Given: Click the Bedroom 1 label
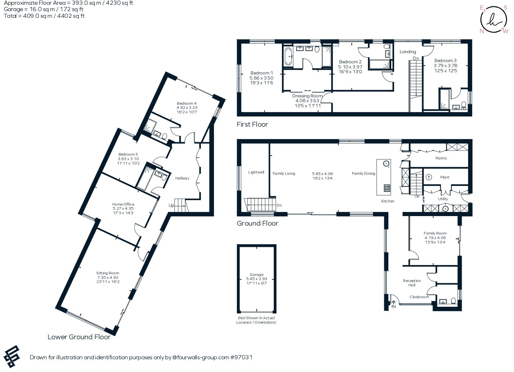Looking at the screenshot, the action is (x=261, y=73).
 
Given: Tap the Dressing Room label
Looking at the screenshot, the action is (x=307, y=96).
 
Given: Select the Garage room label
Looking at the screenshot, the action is (x=257, y=275).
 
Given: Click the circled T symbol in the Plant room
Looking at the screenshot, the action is (x=429, y=177).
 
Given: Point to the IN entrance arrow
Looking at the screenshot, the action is (x=393, y=303).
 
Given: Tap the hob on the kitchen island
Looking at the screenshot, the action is (x=387, y=188).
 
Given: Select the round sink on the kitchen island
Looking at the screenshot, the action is (x=386, y=164).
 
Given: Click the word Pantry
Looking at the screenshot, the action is (x=441, y=158).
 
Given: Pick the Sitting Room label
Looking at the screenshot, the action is (x=108, y=273).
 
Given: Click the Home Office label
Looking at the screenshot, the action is (x=123, y=204).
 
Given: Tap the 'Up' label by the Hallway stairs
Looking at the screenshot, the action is (x=171, y=206).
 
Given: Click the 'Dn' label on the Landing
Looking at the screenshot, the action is (x=416, y=59).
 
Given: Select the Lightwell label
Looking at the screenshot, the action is (x=256, y=172).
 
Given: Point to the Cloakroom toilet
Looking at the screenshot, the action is (x=453, y=300).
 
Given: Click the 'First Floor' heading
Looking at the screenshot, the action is (x=252, y=124).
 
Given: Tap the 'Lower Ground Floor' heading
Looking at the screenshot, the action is (x=79, y=337).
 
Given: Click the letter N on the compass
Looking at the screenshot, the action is (x=482, y=31).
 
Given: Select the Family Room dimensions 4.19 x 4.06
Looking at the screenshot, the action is (x=435, y=238).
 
